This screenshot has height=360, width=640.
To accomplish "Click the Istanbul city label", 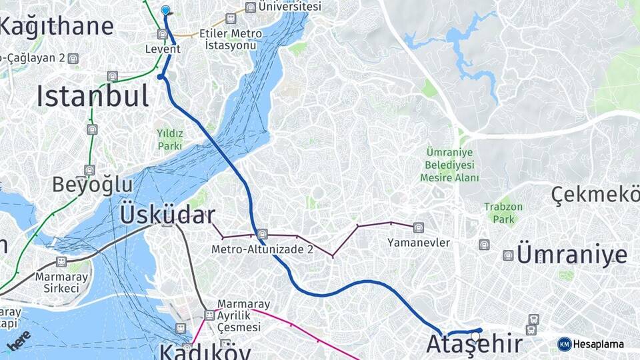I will [x=92, y=96].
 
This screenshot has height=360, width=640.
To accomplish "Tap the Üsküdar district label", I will [x=167, y=215].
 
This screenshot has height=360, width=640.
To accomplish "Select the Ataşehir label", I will [x=473, y=345].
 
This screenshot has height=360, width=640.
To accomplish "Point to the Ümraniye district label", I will [x=572, y=255].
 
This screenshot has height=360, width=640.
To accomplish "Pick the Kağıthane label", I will [x=56, y=26].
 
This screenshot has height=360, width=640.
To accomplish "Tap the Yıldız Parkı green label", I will [x=169, y=139].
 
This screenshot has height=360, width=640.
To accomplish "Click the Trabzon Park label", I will [x=503, y=213].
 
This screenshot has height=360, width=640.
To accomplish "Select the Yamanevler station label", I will [x=419, y=243].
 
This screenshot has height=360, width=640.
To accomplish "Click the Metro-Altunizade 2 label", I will [x=262, y=249].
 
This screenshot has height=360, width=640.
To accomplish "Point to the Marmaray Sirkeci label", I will [x=57, y=282].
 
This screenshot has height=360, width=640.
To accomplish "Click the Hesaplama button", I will [x=591, y=344].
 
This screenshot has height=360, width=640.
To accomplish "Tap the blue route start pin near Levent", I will [x=165, y=10].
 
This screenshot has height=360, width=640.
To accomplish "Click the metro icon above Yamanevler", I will [x=418, y=228].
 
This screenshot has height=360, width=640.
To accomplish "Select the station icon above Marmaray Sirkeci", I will [x=61, y=262].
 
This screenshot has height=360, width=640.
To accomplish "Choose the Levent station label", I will [x=163, y=49].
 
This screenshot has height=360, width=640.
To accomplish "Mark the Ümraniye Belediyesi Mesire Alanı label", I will [x=449, y=164].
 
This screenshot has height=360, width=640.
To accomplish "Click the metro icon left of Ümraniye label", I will [x=508, y=255].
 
